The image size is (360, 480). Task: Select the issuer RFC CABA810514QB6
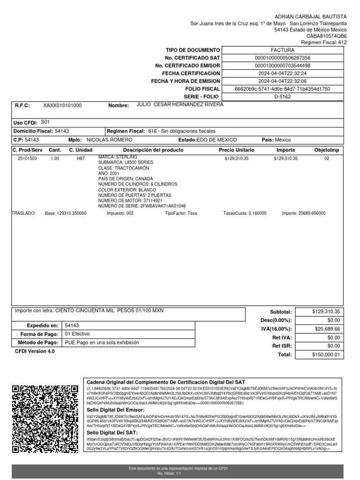pyautogui.click(x=327, y=36)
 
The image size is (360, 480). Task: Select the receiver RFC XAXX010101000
pyautogui.click(x=62, y=106)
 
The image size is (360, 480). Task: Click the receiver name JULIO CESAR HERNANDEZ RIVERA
pyautogui.click(x=180, y=105)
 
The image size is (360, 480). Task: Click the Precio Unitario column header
pyautogui.click(x=237, y=150)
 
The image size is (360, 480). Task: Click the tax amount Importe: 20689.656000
pyautogui.click(x=303, y=213)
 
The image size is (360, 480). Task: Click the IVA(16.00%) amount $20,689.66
pyautogui.click(x=328, y=329)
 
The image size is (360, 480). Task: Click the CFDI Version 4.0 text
pyautogui.click(x=35, y=351)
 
